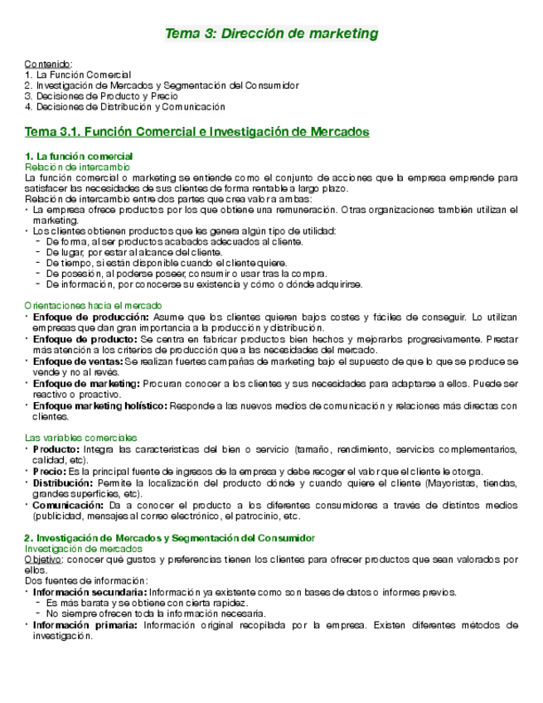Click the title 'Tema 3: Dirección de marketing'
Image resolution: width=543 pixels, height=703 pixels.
[272, 34]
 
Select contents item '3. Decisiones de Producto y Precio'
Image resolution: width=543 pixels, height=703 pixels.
[101, 96]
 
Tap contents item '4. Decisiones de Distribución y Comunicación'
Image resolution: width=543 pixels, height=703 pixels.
[125, 107]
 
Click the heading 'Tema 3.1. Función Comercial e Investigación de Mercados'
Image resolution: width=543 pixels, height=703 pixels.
[197, 132]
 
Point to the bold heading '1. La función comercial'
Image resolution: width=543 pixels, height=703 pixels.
[79, 157]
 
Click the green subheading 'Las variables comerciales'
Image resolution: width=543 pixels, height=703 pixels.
[81, 437]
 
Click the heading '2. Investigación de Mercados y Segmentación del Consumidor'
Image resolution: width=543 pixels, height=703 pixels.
[170, 538]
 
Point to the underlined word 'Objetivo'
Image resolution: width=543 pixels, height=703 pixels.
[42, 560]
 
